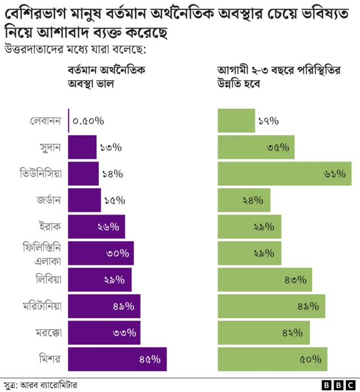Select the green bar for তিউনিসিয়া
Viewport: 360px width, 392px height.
coord(285,173)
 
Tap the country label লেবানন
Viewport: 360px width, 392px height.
coord(46,121)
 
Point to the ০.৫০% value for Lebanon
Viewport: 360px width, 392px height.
coord(88,121)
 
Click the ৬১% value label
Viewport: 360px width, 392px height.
coord(334,174)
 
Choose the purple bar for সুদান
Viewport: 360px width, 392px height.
coord(82,147)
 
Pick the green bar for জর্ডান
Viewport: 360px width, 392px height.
coord(244,200)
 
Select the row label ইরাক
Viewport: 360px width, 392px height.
coord(50,226)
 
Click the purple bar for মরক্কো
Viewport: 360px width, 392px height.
coord(104,332)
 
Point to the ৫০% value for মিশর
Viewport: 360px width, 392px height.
coord(310,359)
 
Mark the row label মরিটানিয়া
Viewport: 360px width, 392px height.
coord(42,306)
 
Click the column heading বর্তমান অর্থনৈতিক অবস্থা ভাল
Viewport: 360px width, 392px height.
coord(106,78)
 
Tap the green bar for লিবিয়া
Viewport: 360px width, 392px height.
coord(264,279)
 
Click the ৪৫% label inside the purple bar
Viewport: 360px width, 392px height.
coord(150,359)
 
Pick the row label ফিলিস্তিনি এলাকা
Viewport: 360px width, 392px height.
coord(42,253)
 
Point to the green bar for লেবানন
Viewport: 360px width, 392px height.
coord(236,121)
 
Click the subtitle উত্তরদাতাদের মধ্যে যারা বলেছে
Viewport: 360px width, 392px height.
coord(75,50)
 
